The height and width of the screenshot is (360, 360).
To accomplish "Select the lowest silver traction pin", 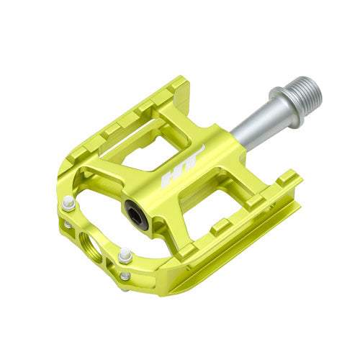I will click(x=125, y=276).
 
